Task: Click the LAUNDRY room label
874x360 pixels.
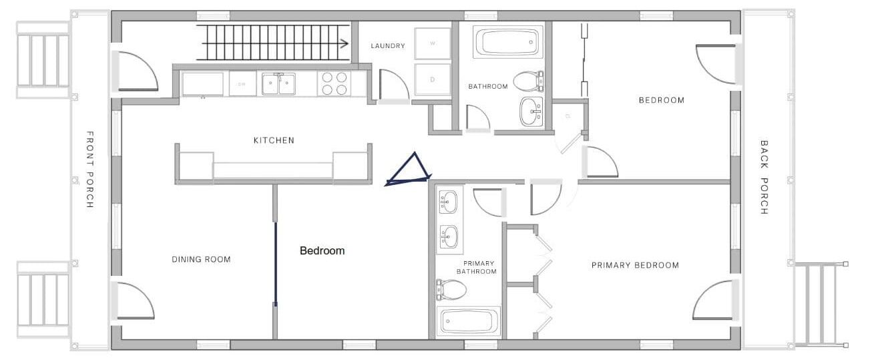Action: (387, 45)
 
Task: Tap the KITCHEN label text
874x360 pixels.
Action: (274, 140)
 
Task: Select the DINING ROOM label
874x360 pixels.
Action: (202, 259)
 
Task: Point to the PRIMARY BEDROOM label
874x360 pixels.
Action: (635, 266)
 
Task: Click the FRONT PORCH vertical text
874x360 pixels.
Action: (89, 170)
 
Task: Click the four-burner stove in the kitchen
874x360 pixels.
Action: (335, 83)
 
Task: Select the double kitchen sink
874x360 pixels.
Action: (278, 83)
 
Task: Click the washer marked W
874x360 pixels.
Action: (432, 43)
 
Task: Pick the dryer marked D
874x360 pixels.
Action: (432, 79)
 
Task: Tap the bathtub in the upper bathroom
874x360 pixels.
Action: (507, 42)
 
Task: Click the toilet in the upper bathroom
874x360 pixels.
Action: (528, 81)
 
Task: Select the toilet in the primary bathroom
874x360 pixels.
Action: (451, 290)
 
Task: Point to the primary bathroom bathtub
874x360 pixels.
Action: (468, 321)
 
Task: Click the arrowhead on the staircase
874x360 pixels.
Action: (344, 43)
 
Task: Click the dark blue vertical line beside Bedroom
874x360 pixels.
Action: (276, 264)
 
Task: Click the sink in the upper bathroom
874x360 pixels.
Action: (531, 112)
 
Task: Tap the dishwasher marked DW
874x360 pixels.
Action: (242, 83)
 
